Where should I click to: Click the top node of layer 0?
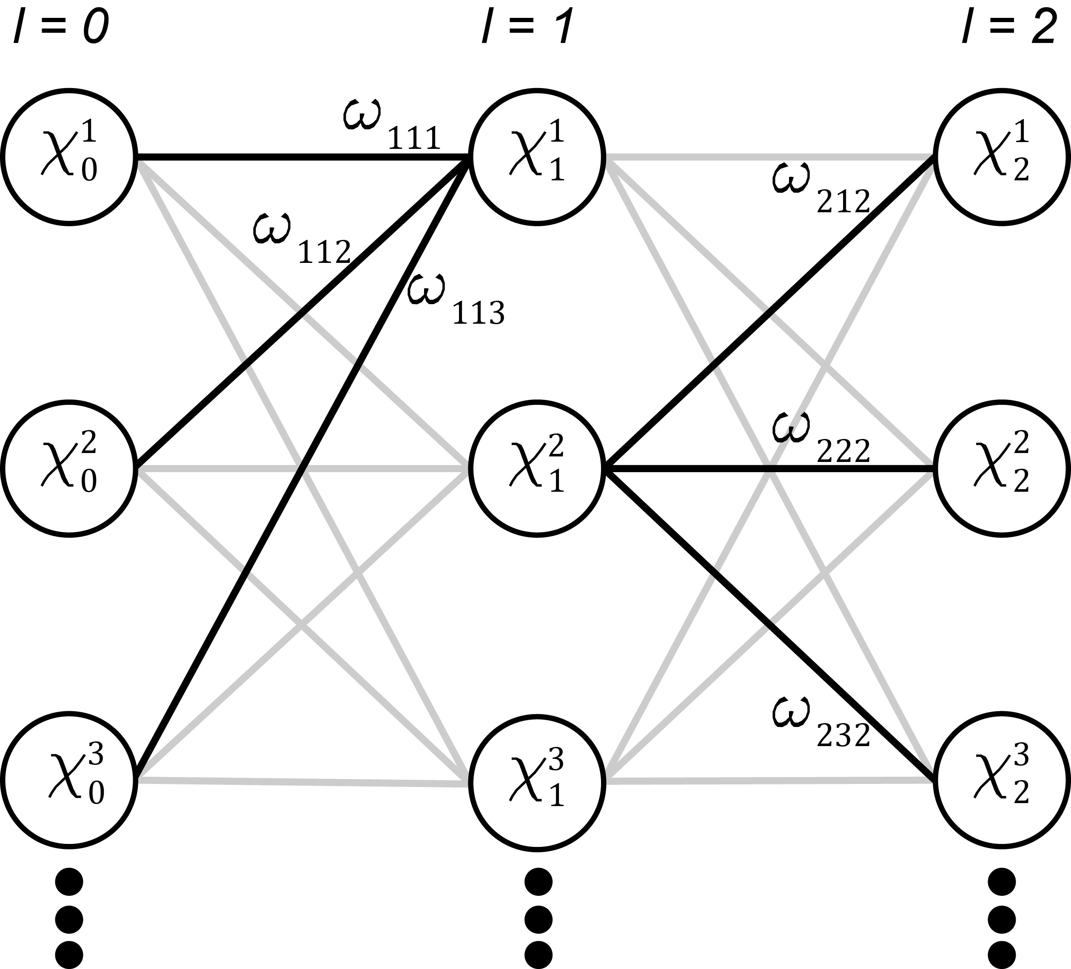69,157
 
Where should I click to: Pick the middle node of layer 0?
69,469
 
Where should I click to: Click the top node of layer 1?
536,157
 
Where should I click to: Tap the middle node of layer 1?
536,469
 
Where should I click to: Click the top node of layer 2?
1002,157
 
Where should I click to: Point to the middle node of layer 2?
1002,469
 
